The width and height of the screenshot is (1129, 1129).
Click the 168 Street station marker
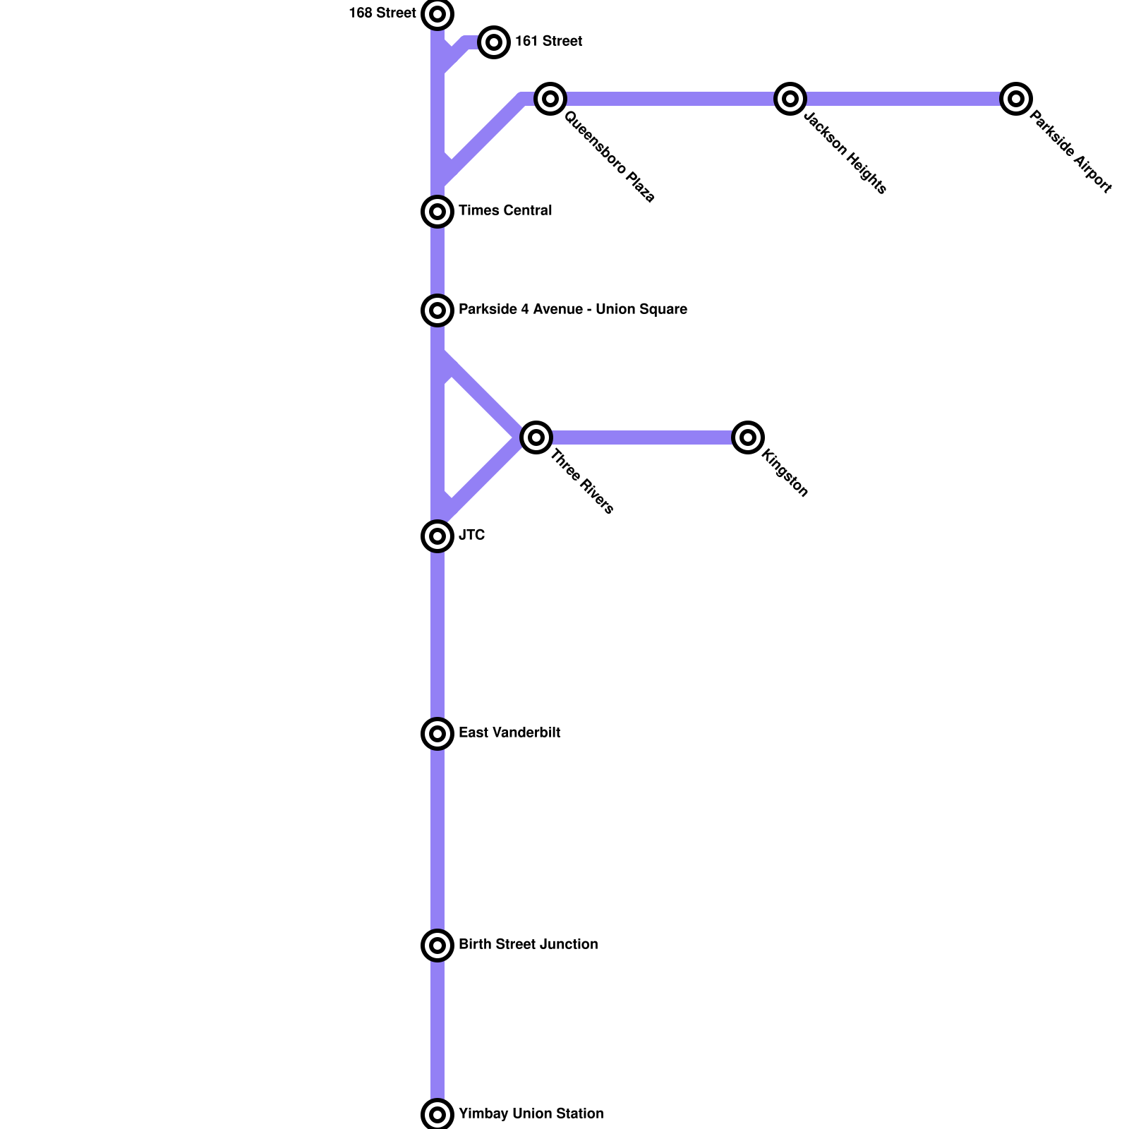(x=437, y=14)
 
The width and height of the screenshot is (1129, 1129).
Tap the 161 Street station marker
(x=494, y=42)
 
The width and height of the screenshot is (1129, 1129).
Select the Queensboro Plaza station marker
(x=550, y=99)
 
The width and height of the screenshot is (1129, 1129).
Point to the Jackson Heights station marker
(x=790, y=99)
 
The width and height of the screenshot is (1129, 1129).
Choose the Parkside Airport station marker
(x=1016, y=99)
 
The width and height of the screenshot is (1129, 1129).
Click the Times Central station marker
(x=437, y=212)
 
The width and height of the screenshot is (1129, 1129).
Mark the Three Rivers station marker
(x=536, y=437)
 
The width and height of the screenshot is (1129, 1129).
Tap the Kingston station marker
(x=748, y=437)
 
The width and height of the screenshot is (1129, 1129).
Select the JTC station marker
(x=437, y=536)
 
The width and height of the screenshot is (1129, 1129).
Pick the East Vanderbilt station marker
(x=437, y=734)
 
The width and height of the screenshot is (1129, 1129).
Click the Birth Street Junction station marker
(x=437, y=946)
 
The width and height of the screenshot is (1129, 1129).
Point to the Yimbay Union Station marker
(x=437, y=1115)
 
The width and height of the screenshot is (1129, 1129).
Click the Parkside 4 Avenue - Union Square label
(x=572, y=310)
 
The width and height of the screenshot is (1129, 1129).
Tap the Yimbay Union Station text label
(x=531, y=1114)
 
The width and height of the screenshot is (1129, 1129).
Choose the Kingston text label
(x=785, y=473)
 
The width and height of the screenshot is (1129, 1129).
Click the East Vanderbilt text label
(x=509, y=733)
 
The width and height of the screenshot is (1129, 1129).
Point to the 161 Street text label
(x=548, y=42)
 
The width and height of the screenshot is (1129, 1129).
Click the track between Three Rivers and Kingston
(x=642, y=437)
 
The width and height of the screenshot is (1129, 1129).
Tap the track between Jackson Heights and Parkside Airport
(x=903, y=99)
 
